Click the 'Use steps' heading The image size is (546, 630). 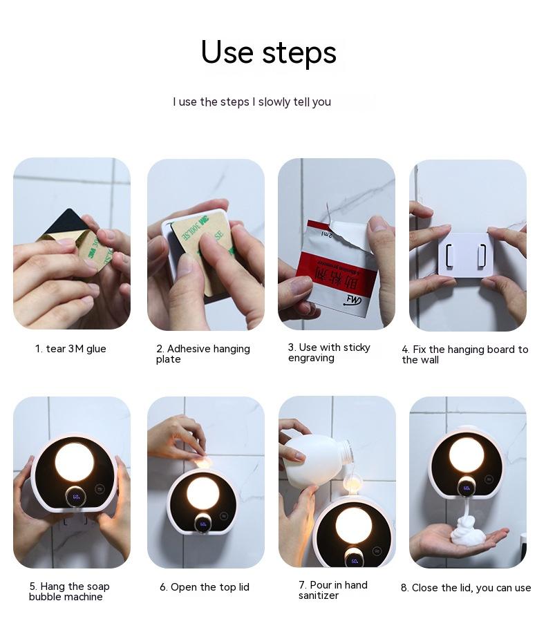pyautogui.click(x=269, y=52)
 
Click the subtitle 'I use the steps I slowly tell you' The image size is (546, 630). pyautogui.click(x=252, y=102)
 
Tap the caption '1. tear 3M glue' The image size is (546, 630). pyautogui.click(x=70, y=349)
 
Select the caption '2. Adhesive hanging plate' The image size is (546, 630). pyautogui.click(x=203, y=354)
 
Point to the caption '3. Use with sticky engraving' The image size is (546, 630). pyautogui.click(x=329, y=352)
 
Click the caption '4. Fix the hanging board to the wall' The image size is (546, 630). pyautogui.click(x=465, y=354)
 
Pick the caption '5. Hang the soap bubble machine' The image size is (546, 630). pyautogui.click(x=69, y=591)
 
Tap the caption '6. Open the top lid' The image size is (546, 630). pyautogui.click(x=205, y=587)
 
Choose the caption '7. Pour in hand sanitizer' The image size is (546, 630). pyautogui.click(x=333, y=590)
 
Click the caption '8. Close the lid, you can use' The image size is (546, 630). pyautogui.click(x=466, y=588)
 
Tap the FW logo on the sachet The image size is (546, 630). pyautogui.click(x=352, y=300)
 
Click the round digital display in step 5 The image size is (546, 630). pyautogui.click(x=76, y=497)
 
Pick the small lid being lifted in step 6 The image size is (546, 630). pyautogui.click(x=203, y=461)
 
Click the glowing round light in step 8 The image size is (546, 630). pyautogui.click(x=467, y=456)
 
